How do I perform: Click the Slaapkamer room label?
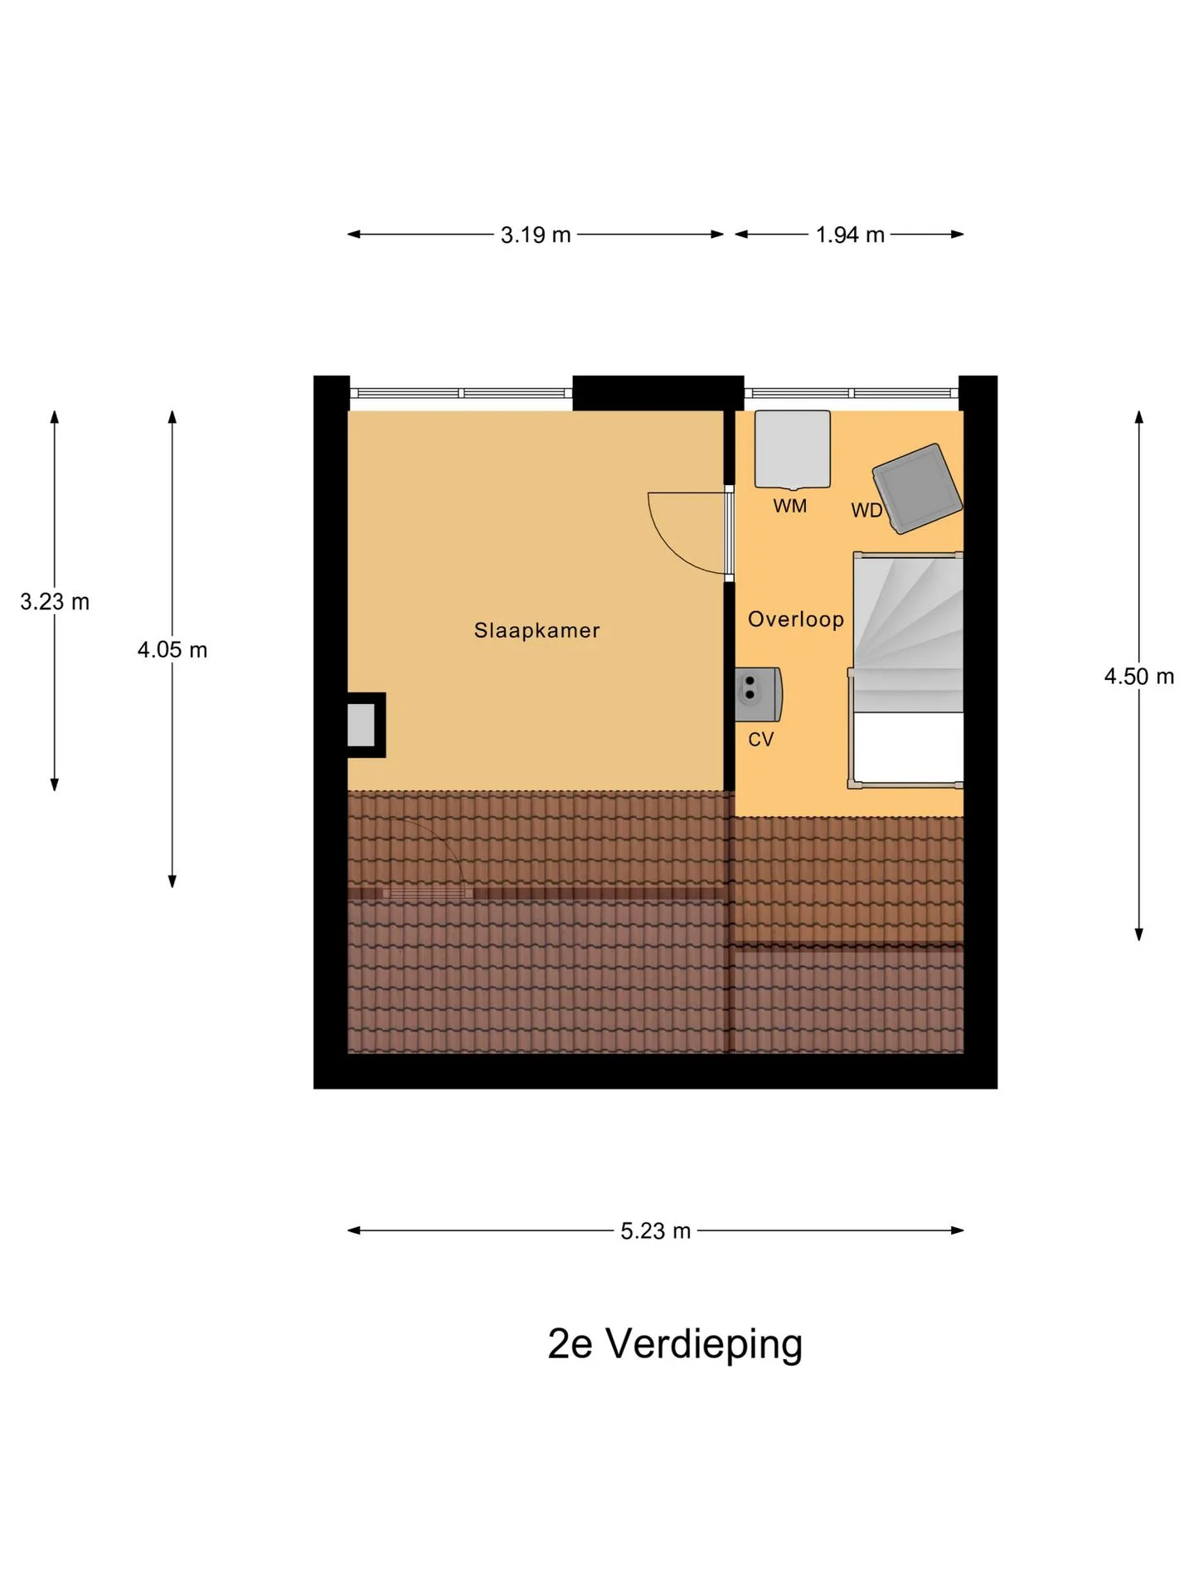[x=536, y=630]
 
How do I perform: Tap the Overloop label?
[x=796, y=619]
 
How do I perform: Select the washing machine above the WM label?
[x=792, y=449]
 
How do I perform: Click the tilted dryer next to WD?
[x=917, y=488]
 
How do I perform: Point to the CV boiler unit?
[x=758, y=694]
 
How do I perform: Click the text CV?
[x=760, y=740]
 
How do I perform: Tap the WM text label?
[x=789, y=506]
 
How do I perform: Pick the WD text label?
[x=866, y=511]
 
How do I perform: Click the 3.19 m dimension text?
[x=536, y=235]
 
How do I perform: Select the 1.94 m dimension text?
[x=850, y=235]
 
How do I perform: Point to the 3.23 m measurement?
[x=55, y=602]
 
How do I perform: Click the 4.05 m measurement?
[x=172, y=650]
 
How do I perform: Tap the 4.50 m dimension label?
[x=1139, y=677]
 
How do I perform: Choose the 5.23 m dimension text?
[x=655, y=1231]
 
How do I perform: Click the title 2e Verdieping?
[x=675, y=1344]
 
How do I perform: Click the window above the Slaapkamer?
[x=461, y=394]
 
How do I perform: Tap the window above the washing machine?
[x=852, y=394]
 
